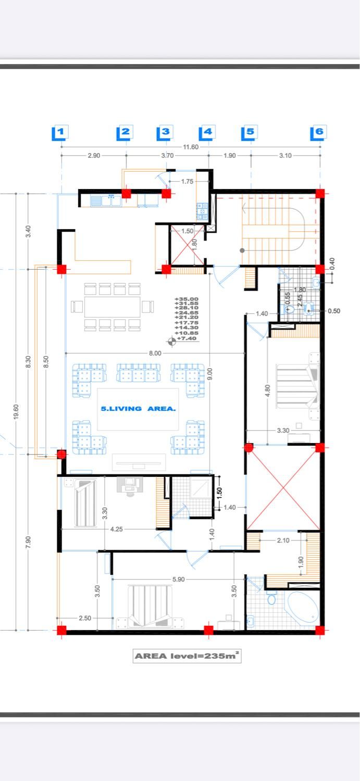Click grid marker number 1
click(60, 132)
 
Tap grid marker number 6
click(318, 132)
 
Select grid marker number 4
click(207, 132)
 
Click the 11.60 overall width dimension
click(191, 147)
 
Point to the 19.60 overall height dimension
click(16, 412)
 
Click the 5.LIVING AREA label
click(138, 409)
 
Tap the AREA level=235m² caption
click(187, 656)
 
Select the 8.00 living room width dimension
click(155, 353)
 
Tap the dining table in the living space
click(113, 307)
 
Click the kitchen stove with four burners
click(202, 211)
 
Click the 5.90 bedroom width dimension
click(178, 579)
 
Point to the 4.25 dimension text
click(117, 529)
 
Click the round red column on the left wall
click(61, 455)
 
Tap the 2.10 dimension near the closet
click(283, 540)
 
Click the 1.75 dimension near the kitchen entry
click(188, 181)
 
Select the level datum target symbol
click(171, 342)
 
